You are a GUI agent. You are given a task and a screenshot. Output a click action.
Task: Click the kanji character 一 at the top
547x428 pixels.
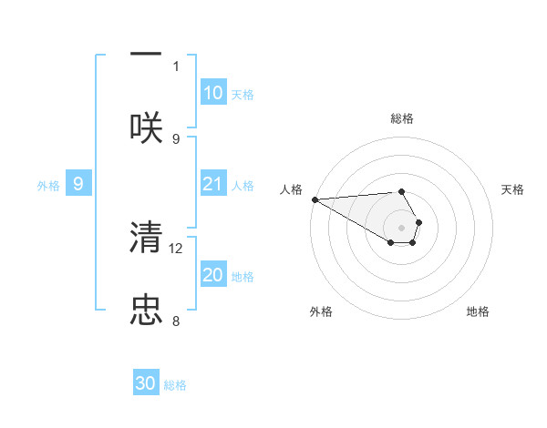coord(146,54)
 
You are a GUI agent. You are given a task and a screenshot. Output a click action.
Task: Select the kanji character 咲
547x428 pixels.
coord(146,127)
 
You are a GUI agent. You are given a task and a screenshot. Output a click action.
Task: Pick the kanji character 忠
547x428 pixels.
coord(146,310)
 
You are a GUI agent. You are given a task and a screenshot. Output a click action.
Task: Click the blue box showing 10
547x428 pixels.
coord(212,93)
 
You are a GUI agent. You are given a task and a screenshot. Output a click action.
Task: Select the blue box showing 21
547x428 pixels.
coord(212,185)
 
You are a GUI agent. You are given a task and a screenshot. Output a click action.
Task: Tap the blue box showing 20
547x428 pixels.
coord(212,275)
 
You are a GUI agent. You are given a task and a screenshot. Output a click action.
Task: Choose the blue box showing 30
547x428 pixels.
coord(146,384)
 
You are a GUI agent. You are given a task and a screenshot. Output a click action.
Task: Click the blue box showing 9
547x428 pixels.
coord(78,185)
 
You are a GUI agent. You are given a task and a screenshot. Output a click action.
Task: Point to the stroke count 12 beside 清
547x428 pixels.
coord(177,248)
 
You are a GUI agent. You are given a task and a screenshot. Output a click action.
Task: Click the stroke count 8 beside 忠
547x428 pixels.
coord(176,321)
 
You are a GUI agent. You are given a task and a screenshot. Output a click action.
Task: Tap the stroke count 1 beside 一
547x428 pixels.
coord(176,66)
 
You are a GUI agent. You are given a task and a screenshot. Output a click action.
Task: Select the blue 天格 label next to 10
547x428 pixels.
coord(242,94)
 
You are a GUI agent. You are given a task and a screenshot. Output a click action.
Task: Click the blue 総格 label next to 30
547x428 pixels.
coord(175,385)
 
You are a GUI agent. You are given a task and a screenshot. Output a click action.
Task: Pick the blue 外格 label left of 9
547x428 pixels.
coord(48,186)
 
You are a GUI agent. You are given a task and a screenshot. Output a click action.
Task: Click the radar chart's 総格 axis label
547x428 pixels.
coord(402,118)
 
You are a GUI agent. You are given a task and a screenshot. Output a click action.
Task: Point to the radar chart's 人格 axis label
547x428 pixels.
coord(291,189)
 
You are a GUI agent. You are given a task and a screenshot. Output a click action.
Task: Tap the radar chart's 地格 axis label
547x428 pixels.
coord(478,311)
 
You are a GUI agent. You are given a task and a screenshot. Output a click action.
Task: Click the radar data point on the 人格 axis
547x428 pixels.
coord(315,199)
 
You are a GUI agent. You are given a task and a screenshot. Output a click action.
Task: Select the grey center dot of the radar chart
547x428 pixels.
coord(402,227)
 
